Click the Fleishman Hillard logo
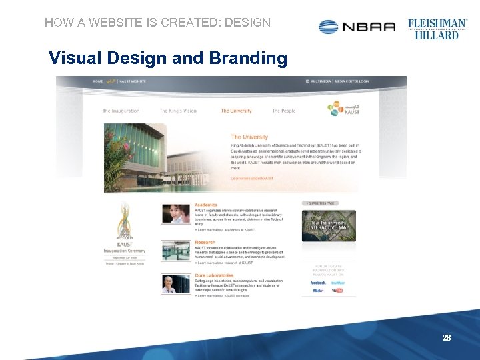click(437, 28)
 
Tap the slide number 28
click(447, 338)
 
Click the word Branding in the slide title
click(248, 59)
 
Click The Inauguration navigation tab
click(121, 111)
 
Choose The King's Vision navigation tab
click(178, 111)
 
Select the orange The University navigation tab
click(236, 111)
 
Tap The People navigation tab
click(283, 111)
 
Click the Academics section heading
click(206, 205)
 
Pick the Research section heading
click(205, 243)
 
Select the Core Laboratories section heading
click(214, 275)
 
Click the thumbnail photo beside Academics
click(176, 213)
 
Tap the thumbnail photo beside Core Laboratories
click(176, 284)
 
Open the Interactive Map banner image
click(329, 225)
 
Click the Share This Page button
click(321, 203)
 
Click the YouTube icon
click(337, 291)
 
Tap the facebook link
click(318, 283)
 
